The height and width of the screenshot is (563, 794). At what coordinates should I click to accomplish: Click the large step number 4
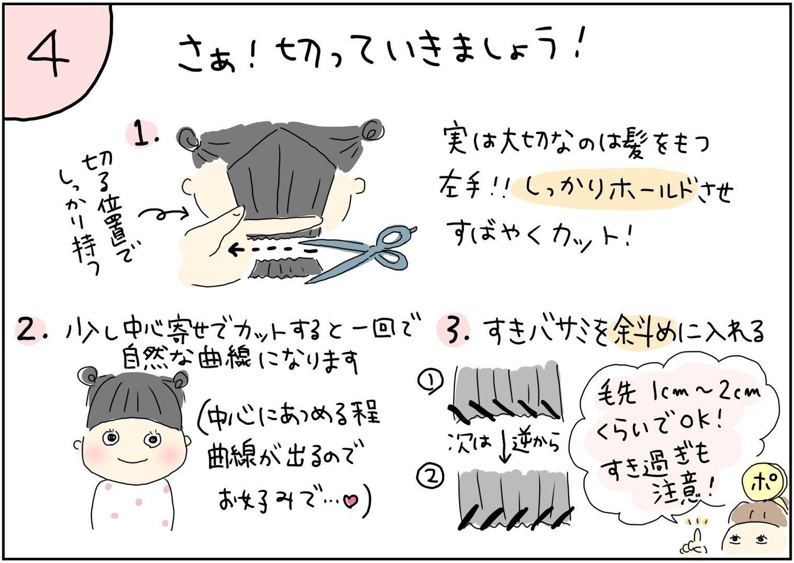48,52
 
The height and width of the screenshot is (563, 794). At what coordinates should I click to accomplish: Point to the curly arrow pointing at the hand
163,213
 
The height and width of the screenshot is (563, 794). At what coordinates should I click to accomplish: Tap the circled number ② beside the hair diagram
431,477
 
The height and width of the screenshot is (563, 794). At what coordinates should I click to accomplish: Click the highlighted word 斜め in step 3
643,333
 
